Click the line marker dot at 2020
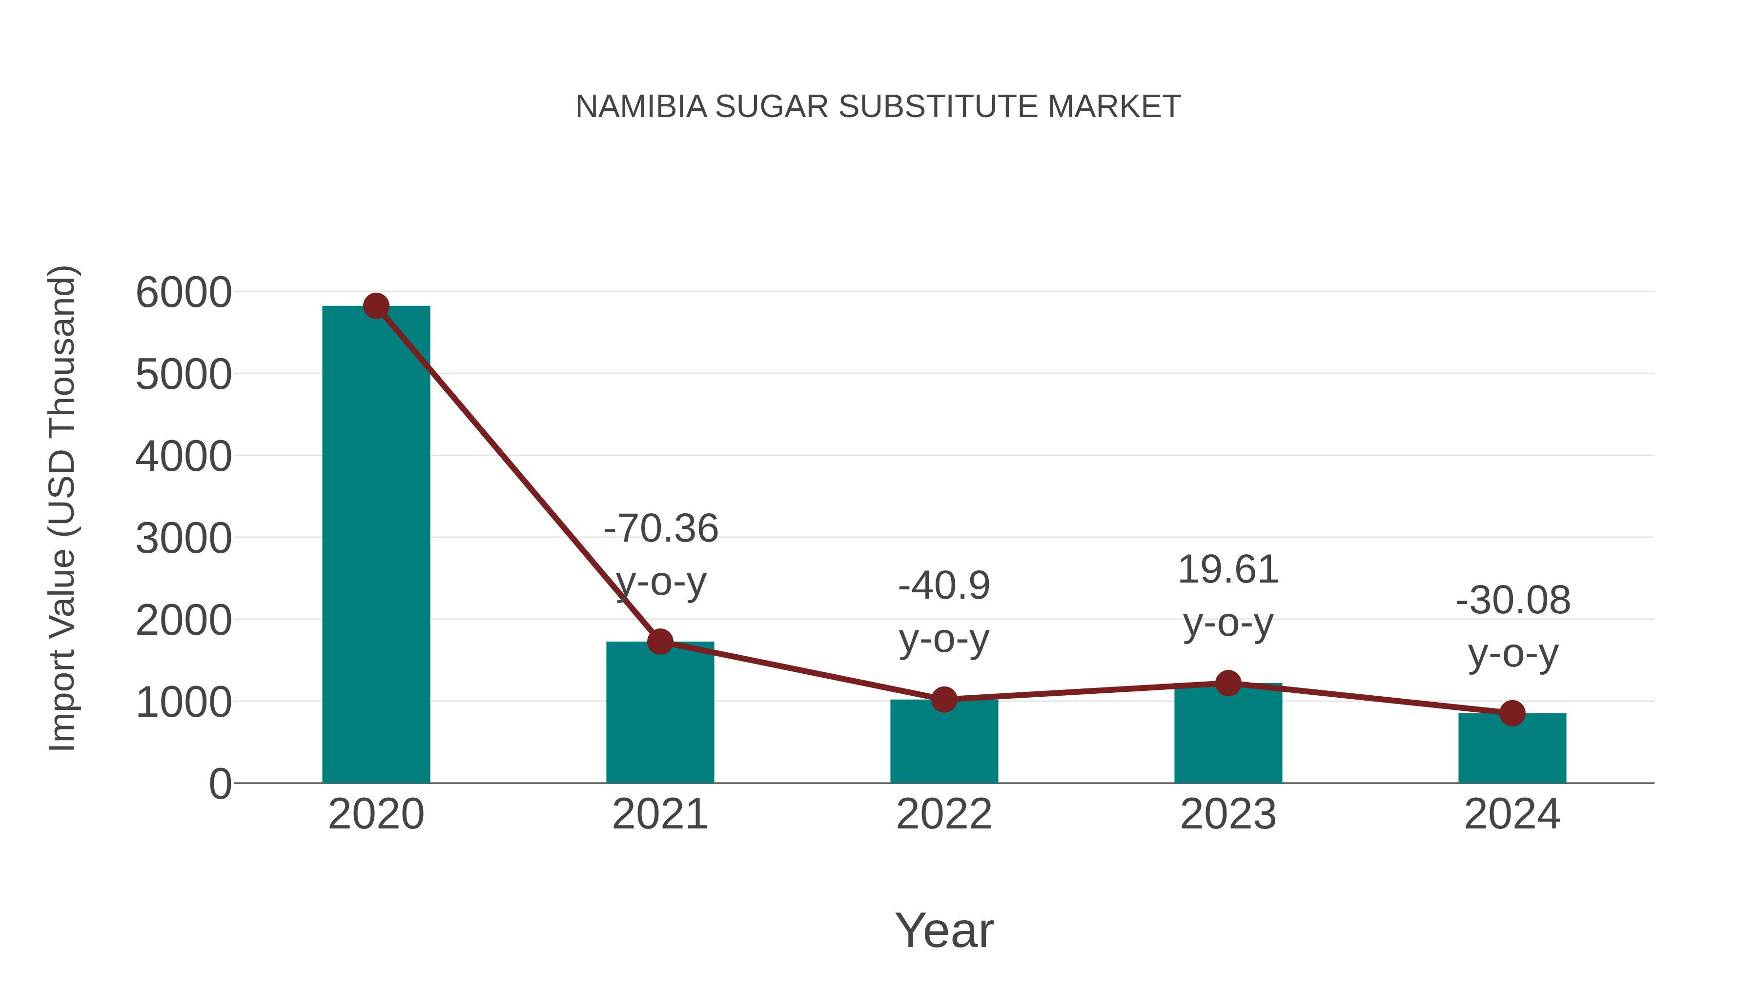click(376, 306)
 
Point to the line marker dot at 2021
click(659, 642)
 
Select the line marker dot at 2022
click(944, 700)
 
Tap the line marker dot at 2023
click(1228, 683)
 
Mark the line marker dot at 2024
click(1512, 713)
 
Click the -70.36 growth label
click(661, 528)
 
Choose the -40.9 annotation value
click(944, 585)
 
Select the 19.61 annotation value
click(1228, 569)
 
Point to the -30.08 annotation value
click(1513, 601)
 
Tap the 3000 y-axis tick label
click(184, 539)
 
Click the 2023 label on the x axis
click(1228, 814)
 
